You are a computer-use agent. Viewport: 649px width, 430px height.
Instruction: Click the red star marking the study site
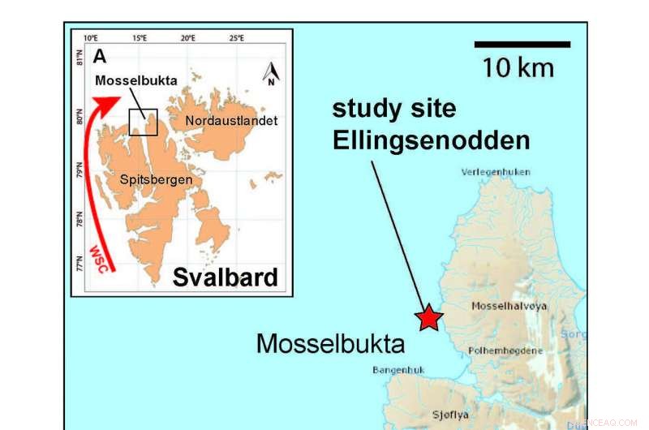tap(428, 318)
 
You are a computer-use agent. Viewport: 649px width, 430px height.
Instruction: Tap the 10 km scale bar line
tap(522, 45)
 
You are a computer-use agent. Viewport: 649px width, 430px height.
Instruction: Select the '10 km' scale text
tap(518, 67)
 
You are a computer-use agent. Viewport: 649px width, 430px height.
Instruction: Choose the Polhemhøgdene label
tap(505, 350)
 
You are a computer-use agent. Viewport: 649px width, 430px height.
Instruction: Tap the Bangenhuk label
tap(394, 370)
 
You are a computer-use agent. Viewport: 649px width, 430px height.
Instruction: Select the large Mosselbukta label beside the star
tap(330, 343)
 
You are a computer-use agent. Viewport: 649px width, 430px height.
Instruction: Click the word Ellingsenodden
tap(431, 140)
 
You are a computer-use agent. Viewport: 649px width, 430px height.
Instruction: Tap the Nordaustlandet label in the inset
tap(231, 121)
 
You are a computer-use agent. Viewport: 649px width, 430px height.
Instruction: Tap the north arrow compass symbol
tap(270, 75)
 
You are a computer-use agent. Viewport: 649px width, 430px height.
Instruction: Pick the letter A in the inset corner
tap(100, 56)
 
